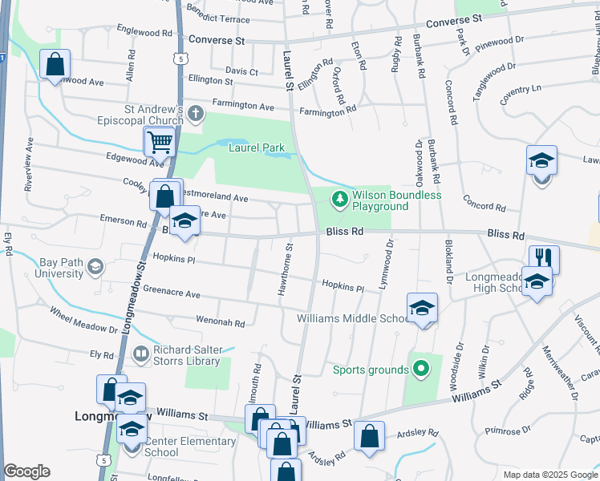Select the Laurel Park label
pos(257,148)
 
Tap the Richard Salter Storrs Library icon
pos(140,354)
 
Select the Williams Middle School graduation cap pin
pos(422,308)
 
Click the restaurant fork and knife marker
pos(544,258)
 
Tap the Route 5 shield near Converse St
pos(183,59)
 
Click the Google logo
pos(26,471)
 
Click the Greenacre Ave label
pos(171,293)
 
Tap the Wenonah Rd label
pos(220,321)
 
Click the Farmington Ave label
pos(243,105)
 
